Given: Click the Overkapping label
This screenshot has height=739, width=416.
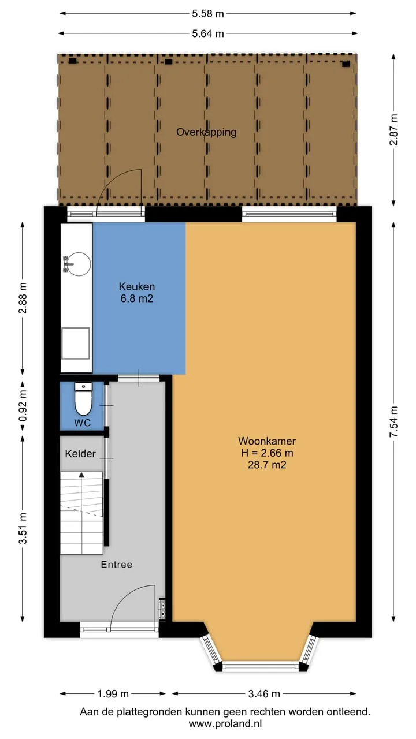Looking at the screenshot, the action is click(206, 132).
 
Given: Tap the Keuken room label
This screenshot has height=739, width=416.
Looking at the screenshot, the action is click(137, 286).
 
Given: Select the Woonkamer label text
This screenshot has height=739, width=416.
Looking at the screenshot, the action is click(267, 441).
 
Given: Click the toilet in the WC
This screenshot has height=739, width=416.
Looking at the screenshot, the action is click(83, 399).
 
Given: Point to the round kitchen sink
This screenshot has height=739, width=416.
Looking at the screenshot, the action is click(79, 264).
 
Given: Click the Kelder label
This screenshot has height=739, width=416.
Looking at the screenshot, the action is click(80, 454).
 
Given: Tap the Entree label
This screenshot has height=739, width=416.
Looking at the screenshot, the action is click(117, 565).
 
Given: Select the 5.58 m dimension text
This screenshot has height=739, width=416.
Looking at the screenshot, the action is click(208, 14).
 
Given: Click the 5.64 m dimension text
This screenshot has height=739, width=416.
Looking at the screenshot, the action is click(208, 33).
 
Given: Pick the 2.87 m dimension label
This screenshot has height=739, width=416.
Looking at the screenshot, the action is click(393, 130).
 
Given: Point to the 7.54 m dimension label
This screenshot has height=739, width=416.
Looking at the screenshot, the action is click(393, 421).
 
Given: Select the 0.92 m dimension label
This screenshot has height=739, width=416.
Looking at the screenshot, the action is click(23, 406).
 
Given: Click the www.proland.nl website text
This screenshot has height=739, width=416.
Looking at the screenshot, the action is click(225, 724).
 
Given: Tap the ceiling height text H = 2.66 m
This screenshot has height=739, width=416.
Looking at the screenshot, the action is click(267, 453).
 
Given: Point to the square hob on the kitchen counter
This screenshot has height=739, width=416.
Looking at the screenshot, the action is click(76, 343).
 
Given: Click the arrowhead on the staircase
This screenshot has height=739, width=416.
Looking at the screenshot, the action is click(81, 475).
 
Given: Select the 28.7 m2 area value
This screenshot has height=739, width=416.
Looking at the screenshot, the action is click(267, 465).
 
